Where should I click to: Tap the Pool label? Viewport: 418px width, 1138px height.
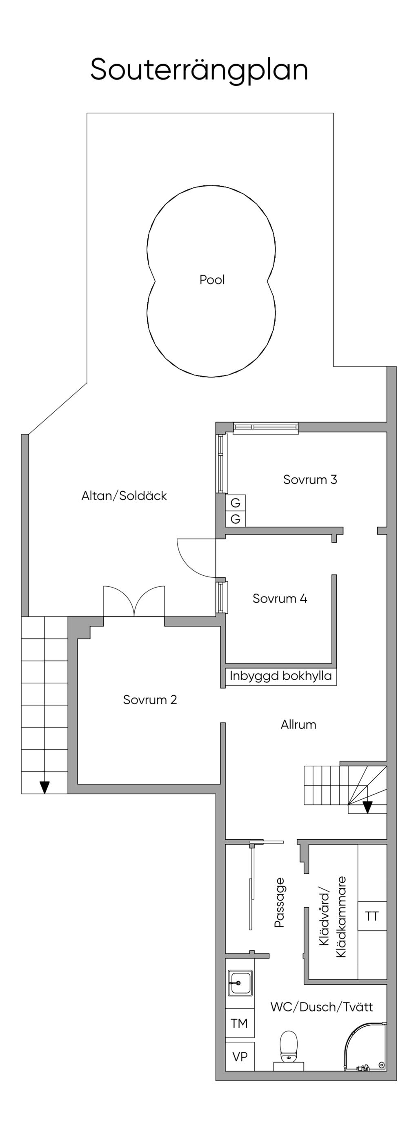pos(212,280)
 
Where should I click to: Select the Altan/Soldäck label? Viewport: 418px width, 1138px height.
pos(124,496)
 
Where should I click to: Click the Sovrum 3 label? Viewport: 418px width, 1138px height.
pos(310,479)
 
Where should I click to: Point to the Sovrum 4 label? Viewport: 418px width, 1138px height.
pos(280,599)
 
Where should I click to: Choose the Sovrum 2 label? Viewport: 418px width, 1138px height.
pos(150,700)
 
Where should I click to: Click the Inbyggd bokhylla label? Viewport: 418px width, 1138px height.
pos(280,677)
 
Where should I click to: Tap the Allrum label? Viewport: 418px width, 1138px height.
pos(298,725)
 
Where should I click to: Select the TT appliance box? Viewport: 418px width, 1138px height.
pos(372,916)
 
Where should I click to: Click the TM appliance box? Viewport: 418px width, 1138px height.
pos(240,1023)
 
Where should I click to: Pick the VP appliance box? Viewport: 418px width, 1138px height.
pos(240,1056)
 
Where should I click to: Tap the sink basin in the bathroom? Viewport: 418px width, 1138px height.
pos(240,983)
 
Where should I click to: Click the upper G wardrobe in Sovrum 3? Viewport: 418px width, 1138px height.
pos(236,503)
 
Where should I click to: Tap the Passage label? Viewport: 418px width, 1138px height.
pos(279,902)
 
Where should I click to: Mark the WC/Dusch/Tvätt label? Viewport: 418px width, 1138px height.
pos(322,1006)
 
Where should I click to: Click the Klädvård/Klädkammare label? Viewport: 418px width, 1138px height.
pos(332,916)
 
